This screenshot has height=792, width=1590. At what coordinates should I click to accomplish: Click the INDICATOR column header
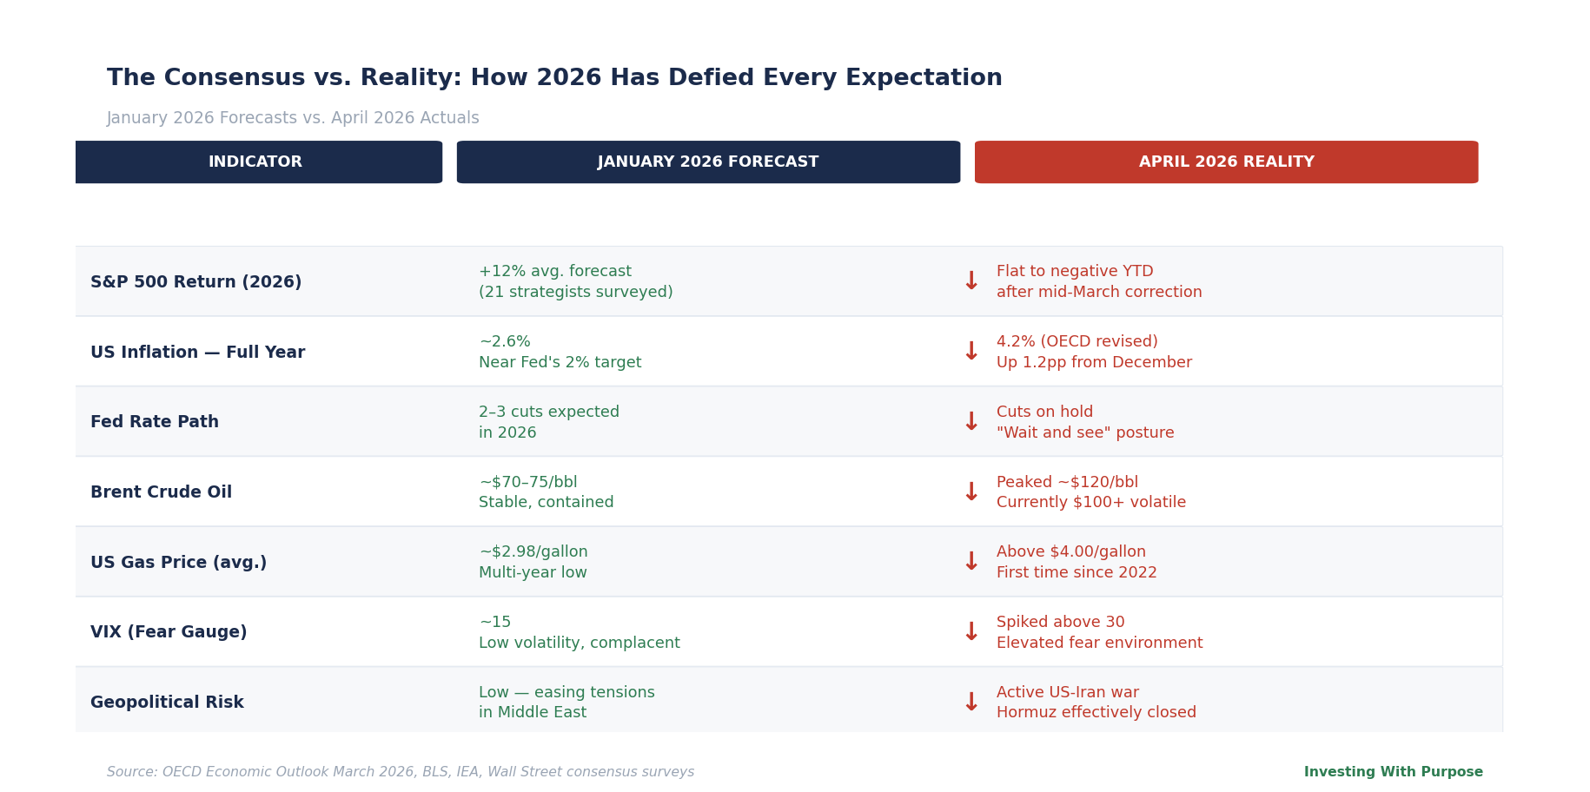255,162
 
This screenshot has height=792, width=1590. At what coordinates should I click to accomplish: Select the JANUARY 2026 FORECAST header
708,162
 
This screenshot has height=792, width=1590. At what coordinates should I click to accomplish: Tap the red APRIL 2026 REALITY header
1226,162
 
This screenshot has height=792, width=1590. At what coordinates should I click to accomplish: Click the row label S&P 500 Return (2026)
196,282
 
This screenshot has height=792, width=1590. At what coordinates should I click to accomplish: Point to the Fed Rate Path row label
155,422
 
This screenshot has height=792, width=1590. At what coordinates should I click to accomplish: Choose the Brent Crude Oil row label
161,492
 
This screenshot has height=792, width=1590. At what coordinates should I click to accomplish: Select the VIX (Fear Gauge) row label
169,632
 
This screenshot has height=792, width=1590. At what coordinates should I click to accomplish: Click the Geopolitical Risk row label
167,703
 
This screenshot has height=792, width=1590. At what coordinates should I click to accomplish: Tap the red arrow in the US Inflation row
971,352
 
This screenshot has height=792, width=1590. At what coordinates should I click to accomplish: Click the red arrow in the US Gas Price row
971,562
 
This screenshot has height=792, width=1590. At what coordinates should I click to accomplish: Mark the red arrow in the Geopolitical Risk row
971,703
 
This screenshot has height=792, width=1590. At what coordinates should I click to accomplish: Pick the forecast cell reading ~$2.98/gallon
533,552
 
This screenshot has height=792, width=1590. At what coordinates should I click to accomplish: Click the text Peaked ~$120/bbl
1067,482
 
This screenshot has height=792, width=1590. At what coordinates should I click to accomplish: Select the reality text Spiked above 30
1060,623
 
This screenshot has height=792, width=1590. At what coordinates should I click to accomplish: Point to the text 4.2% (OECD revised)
1077,342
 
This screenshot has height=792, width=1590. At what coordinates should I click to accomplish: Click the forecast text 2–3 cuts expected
549,412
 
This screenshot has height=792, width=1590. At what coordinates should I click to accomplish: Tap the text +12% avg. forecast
555,272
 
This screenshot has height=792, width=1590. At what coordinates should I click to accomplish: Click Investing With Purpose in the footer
1393,772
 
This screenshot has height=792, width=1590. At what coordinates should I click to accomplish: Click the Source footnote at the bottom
401,772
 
